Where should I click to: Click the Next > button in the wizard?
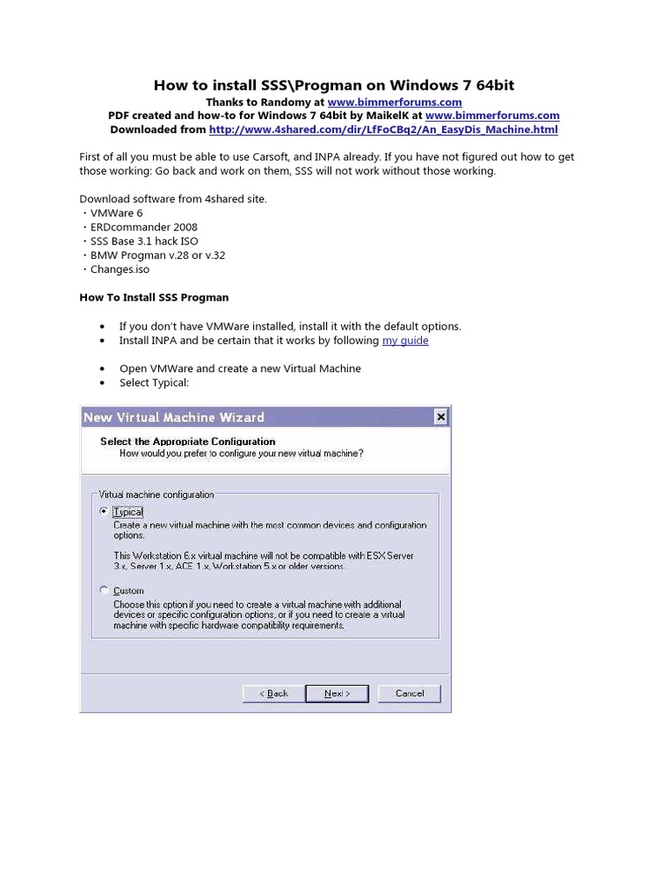tap(337, 693)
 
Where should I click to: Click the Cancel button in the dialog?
tap(410, 693)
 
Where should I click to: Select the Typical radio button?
tap(104, 512)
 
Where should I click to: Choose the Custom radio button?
tap(104, 590)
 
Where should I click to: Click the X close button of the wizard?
tap(440, 417)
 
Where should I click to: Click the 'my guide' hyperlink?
tap(405, 341)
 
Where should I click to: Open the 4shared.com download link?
tap(383, 130)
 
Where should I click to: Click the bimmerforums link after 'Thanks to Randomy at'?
tap(395, 102)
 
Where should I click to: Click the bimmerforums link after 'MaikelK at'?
tap(492, 116)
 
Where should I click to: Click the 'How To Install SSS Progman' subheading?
tap(154, 297)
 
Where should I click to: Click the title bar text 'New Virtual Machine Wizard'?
tap(174, 417)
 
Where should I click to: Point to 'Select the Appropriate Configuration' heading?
tap(188, 442)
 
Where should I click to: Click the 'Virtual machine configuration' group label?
tap(157, 495)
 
